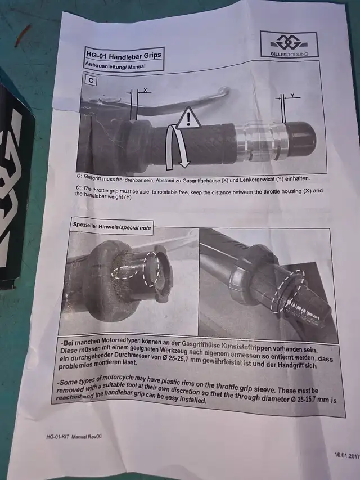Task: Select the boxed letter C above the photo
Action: tap(90, 80)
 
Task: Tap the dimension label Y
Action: tap(292, 96)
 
